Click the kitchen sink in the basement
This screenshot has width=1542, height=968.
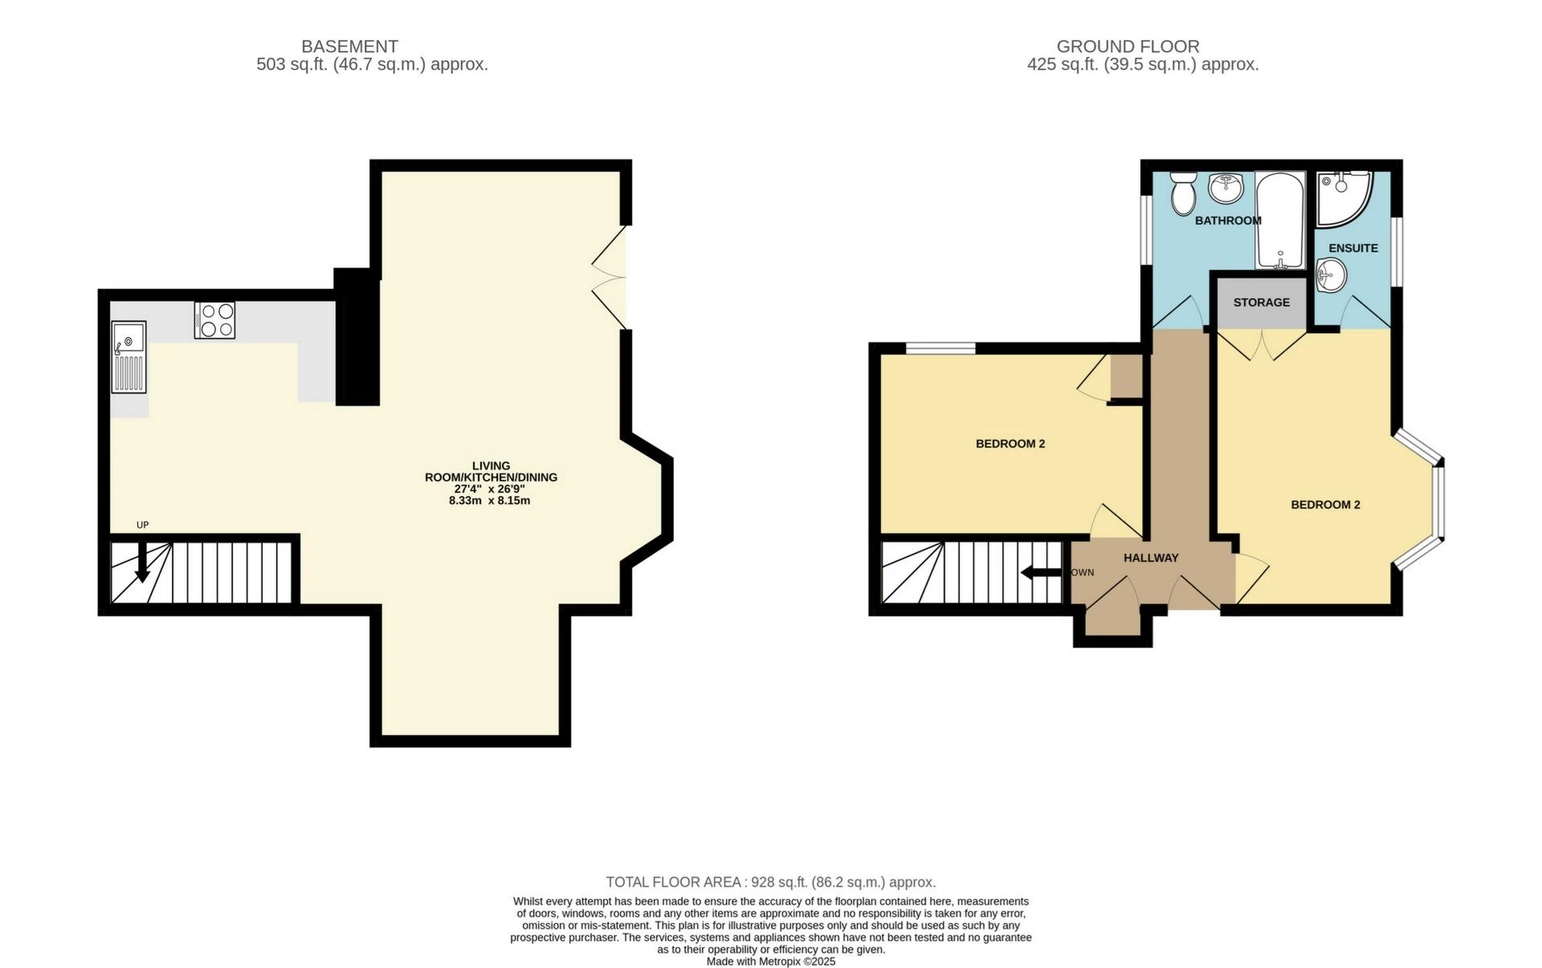(128, 357)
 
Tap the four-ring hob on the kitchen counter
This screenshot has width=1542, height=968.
(214, 319)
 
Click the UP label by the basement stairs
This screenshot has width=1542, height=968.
(143, 525)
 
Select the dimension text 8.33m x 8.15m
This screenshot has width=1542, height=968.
(489, 500)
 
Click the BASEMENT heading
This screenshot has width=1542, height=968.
(349, 47)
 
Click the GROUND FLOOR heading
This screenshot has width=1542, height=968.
(1128, 47)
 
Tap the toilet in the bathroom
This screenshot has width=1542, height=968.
(1182, 193)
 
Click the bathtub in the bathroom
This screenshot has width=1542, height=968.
(1282, 220)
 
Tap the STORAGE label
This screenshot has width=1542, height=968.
(1262, 303)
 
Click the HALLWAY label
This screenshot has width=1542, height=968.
(1151, 558)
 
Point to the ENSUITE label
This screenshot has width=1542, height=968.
(1353, 248)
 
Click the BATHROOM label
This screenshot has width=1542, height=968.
(1228, 221)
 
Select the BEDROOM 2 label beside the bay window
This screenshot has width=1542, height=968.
(1325, 505)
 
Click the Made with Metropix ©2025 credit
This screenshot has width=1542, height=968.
(771, 961)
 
